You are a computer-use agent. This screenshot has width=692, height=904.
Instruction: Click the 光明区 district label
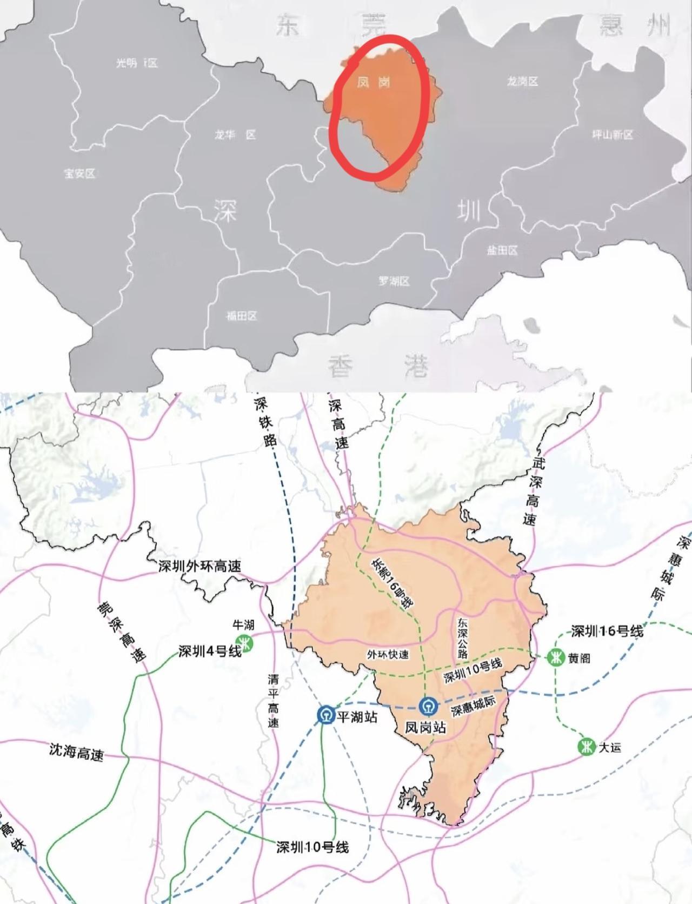[x=137, y=63]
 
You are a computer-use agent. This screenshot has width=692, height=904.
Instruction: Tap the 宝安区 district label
[x=80, y=174]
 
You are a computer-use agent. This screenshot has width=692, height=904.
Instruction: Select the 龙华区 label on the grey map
[x=235, y=135]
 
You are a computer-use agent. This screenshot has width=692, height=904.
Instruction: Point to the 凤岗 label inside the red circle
[x=374, y=82]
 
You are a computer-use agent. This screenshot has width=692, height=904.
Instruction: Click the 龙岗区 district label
[x=523, y=81]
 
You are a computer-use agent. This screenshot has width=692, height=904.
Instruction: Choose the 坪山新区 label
[x=612, y=135]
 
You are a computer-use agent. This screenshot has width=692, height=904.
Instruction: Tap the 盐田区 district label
[x=502, y=250]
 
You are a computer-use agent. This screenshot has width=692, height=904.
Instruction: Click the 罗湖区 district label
[x=394, y=281]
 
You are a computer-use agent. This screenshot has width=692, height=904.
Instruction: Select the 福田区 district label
[x=242, y=316]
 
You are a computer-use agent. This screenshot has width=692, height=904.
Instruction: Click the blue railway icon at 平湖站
[x=326, y=715]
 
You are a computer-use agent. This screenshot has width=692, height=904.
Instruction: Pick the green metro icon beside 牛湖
[x=247, y=643]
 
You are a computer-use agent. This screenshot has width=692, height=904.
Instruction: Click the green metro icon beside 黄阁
[x=556, y=658]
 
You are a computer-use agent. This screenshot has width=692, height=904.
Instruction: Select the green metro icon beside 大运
[x=585, y=747]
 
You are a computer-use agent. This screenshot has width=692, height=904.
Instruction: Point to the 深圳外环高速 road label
[x=199, y=566]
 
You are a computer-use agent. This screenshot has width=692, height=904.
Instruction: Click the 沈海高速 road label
[x=76, y=752]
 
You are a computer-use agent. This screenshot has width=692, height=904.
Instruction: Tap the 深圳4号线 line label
[x=210, y=651]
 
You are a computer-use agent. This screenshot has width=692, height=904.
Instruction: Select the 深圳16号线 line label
[x=607, y=631]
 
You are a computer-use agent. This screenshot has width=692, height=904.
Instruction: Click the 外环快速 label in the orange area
[x=388, y=655]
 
